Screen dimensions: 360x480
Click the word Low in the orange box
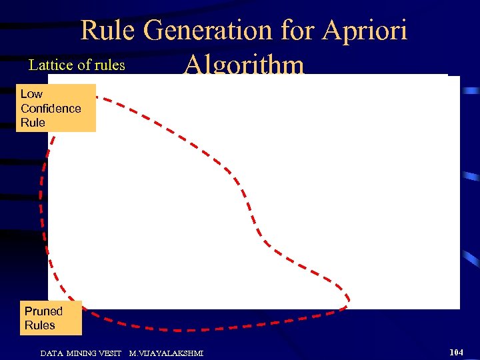31,94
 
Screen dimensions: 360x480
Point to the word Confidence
51,109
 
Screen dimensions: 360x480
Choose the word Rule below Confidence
33,123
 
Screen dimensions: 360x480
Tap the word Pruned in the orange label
43,311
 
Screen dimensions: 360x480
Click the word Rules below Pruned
40,325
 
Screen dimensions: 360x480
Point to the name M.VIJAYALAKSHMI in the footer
166,353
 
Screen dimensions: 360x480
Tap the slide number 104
456,351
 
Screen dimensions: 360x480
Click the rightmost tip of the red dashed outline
349,300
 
